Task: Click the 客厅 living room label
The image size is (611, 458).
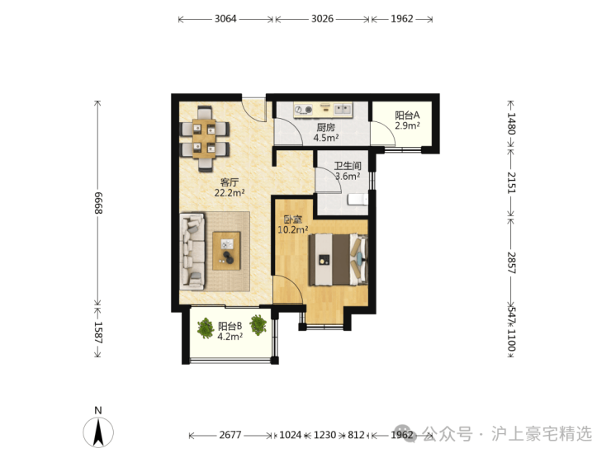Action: pos(230,182)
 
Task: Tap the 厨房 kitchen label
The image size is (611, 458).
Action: pos(326,127)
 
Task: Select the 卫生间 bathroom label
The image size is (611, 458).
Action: pos(348,166)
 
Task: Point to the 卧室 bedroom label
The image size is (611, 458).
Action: pos(292,220)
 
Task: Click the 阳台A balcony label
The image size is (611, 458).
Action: pos(407,116)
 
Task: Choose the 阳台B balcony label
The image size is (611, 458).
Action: pos(230,326)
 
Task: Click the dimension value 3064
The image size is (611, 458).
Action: pos(225,19)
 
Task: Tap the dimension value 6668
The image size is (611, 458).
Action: pos(97,203)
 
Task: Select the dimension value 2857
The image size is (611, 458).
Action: pos(511,262)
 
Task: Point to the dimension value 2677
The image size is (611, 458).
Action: pos(230,435)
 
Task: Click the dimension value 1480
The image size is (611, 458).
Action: pos(511,124)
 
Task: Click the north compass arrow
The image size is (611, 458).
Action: pos(98,432)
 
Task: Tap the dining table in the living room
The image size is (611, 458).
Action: pos(204,139)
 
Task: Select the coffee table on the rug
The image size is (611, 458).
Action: pos(226,251)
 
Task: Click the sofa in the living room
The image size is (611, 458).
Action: pos(192,251)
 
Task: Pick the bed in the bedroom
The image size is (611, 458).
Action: pos(339,260)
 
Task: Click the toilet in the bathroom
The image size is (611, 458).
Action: pos(358,200)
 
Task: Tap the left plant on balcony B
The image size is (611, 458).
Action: pos(206,328)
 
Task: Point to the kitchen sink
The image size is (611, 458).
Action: pos(343,110)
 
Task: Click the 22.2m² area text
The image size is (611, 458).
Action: pos(230,192)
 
